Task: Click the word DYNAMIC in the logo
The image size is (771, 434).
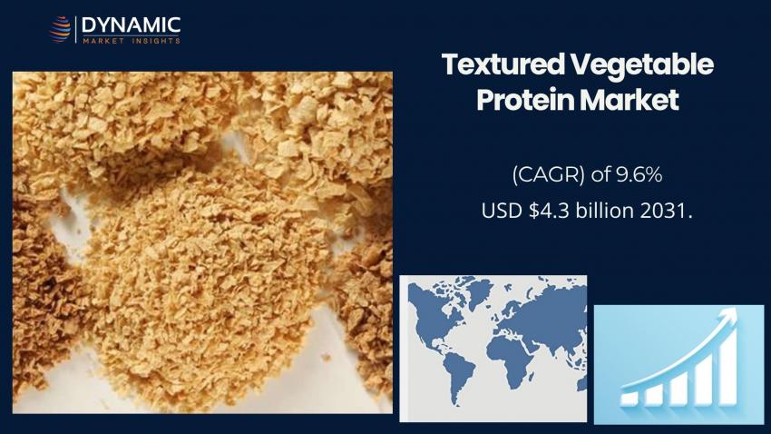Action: [x=132, y=25]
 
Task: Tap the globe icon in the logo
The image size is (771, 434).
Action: [x=60, y=30]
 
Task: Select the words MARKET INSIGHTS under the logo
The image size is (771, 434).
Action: [x=132, y=41]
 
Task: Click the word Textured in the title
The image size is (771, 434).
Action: [x=503, y=64]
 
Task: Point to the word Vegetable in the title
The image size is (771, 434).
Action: [x=642, y=65]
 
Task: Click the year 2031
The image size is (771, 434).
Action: [x=667, y=211]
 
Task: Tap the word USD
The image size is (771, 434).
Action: [x=502, y=211]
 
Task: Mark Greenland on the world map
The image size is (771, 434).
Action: [x=479, y=291]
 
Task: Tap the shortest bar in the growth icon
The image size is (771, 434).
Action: [x=629, y=398]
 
